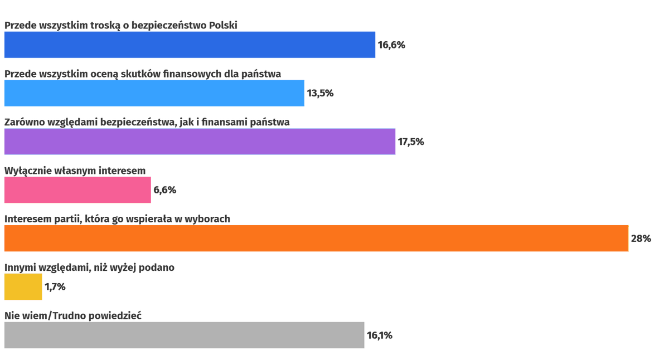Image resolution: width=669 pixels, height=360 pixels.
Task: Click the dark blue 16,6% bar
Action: click(x=190, y=45)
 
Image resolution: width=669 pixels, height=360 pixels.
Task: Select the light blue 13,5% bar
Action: click(x=154, y=93)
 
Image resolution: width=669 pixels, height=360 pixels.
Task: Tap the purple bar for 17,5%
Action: click(x=200, y=142)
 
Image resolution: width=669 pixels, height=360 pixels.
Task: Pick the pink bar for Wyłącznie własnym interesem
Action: click(x=77, y=190)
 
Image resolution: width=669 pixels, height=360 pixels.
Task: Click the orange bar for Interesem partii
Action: click(x=316, y=239)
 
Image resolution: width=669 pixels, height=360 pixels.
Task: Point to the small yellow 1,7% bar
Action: click(x=23, y=287)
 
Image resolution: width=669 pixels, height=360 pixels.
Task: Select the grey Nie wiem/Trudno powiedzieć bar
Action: click(x=184, y=335)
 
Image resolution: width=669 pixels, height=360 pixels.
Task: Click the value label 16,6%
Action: click(x=391, y=45)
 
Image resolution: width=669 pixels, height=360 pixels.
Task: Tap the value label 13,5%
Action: click(x=320, y=93)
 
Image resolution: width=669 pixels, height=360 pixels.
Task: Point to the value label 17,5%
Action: click(x=410, y=142)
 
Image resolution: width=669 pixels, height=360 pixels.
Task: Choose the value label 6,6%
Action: click(x=164, y=190)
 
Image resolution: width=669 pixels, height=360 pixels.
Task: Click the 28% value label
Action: click(x=641, y=239)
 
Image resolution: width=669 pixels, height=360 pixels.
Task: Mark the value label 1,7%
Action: click(x=55, y=287)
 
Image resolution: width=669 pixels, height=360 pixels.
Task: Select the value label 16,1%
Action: click(x=379, y=335)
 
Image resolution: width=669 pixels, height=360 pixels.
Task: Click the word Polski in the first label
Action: click(x=223, y=25)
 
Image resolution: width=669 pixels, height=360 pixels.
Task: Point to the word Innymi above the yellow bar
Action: click(x=20, y=267)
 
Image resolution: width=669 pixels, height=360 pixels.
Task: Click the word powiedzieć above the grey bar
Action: click(x=114, y=316)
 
